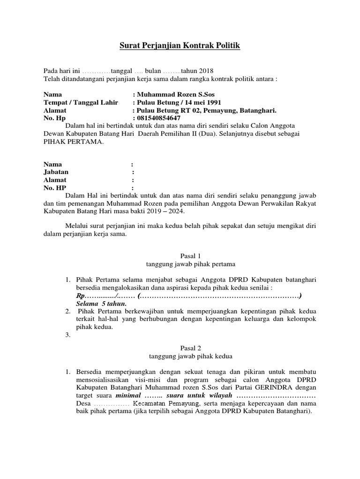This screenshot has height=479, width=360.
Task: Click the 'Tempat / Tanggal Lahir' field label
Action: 81,102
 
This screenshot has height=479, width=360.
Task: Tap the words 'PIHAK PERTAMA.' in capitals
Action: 74,142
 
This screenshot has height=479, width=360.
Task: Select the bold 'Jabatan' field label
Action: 56,172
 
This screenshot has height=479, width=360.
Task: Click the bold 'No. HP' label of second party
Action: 55,188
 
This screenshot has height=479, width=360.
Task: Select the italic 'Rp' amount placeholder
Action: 80,297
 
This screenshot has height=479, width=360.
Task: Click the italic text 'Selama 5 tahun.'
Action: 101,304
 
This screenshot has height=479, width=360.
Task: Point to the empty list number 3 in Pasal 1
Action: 67,335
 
